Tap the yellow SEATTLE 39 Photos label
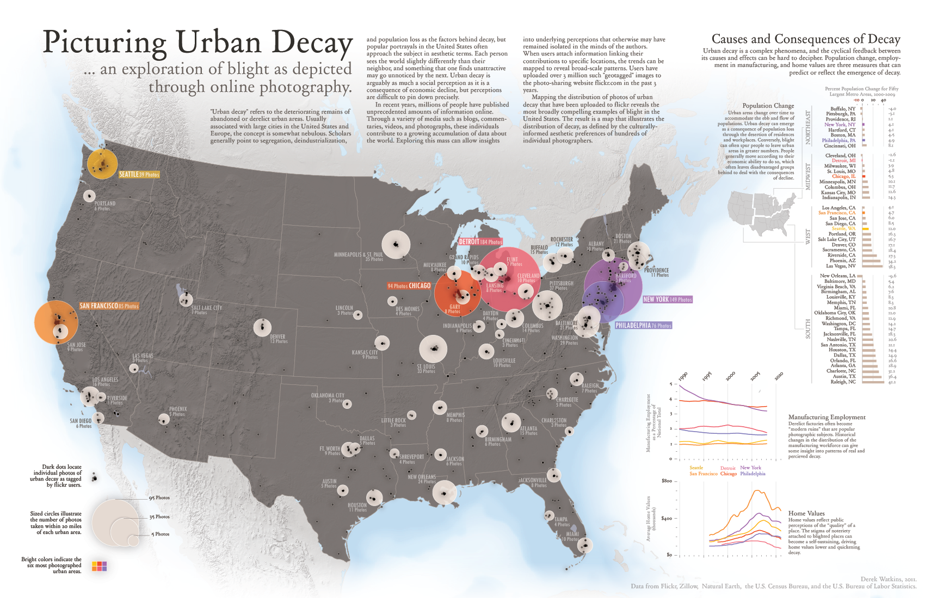click(139, 175)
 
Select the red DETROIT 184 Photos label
click(480, 242)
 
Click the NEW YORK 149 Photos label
click(667, 300)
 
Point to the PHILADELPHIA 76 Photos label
click(643, 326)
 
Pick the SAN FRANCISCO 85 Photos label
click(109, 306)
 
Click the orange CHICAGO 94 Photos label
click(409, 286)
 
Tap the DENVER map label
click(278, 337)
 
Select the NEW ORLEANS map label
click(422, 477)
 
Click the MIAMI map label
click(572, 534)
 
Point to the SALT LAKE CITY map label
click(207, 308)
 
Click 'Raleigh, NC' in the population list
click(843, 382)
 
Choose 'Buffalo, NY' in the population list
click(843, 109)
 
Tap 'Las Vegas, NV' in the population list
click(841, 266)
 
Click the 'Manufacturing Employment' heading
click(827, 417)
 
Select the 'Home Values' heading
click(806, 513)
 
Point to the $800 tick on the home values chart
click(667, 481)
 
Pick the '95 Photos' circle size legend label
click(159, 498)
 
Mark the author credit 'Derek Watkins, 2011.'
click(889, 579)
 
